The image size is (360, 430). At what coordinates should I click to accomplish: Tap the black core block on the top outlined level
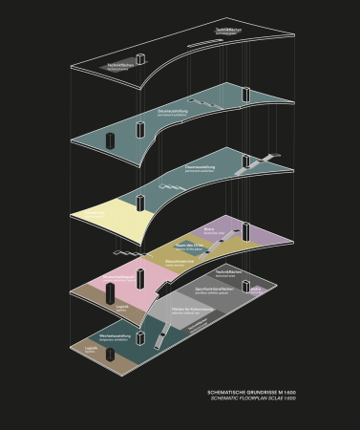pos(139,62)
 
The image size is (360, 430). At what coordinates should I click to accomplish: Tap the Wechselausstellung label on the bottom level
pos(116,336)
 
